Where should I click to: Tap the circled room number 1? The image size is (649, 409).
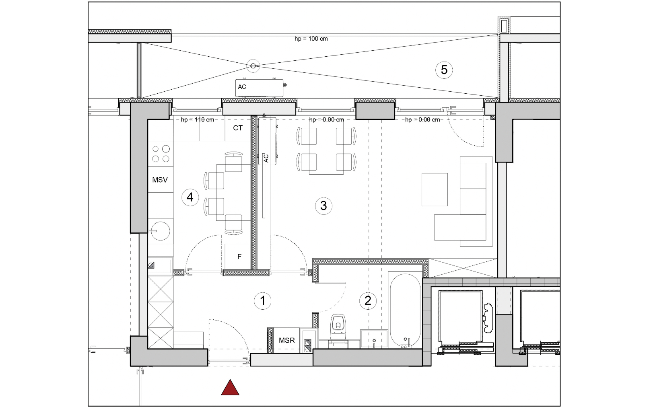(x=262, y=301)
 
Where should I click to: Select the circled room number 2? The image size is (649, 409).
(x=368, y=300)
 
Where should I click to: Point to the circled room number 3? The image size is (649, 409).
(x=323, y=206)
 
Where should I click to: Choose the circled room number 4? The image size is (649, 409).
(x=190, y=197)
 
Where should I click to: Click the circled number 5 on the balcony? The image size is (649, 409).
(x=444, y=70)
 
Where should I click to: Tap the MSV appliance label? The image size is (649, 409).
(x=160, y=180)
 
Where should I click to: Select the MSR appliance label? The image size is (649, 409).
(x=286, y=340)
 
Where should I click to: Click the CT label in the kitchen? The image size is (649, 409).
(x=237, y=128)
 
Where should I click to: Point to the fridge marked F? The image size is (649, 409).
(x=238, y=256)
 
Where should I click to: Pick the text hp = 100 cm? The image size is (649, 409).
(x=311, y=39)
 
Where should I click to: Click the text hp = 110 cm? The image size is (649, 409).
(x=197, y=119)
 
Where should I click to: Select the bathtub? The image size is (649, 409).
(x=405, y=310)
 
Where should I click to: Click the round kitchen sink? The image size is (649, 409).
(x=160, y=231)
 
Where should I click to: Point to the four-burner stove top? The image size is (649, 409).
(x=161, y=154)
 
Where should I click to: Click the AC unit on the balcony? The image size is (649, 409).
(x=259, y=88)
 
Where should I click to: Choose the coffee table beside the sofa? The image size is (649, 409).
(x=435, y=190)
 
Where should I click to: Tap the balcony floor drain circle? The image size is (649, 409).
(x=253, y=66)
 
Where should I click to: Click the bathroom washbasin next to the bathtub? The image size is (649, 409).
(x=374, y=338)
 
